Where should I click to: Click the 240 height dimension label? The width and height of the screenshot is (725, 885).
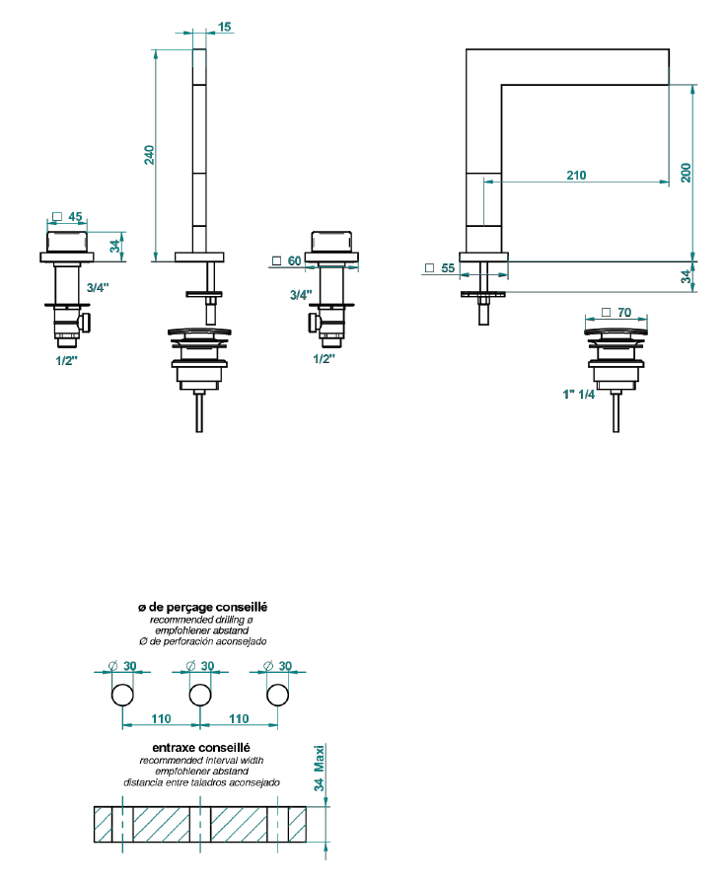coord(149,155)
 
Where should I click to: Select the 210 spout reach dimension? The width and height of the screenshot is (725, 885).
coord(576,175)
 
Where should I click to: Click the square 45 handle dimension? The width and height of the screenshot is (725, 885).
coord(68,216)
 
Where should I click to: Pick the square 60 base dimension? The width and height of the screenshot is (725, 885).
coord(287,260)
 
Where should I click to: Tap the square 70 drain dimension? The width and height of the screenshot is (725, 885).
coord(616,313)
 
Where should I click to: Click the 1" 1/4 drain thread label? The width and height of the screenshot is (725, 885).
coord(578,394)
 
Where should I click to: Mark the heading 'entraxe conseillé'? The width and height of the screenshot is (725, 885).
coord(201,749)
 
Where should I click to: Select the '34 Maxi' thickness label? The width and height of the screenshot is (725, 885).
coord(319,770)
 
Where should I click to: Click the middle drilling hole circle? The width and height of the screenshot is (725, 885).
coord(199,696)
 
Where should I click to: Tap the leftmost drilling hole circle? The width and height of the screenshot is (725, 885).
coord(122,696)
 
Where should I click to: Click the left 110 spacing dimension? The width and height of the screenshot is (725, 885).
coord(161,717)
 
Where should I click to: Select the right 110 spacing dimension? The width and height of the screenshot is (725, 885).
coord(238,717)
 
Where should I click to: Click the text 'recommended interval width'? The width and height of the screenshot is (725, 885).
coord(201,761)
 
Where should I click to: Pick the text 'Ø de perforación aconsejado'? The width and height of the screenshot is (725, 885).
coord(202,641)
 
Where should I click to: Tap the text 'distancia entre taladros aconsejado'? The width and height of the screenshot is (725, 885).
coord(201,782)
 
